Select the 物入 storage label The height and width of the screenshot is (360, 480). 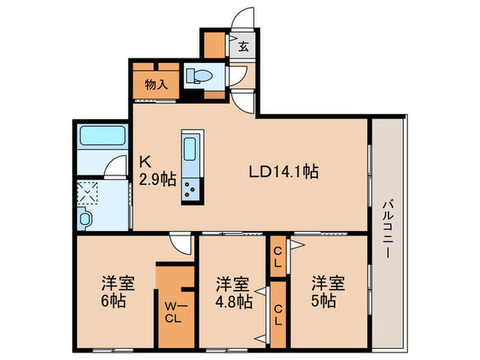click(x=156, y=85)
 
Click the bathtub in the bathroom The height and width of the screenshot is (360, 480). click(x=101, y=135)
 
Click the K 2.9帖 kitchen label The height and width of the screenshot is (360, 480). click(x=158, y=171)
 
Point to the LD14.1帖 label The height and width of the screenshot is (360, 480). click(x=283, y=171)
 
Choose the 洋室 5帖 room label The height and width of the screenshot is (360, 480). click(x=325, y=292)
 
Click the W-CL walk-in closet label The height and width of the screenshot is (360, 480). click(x=171, y=313)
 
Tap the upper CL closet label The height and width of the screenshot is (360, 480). click(x=278, y=255)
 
